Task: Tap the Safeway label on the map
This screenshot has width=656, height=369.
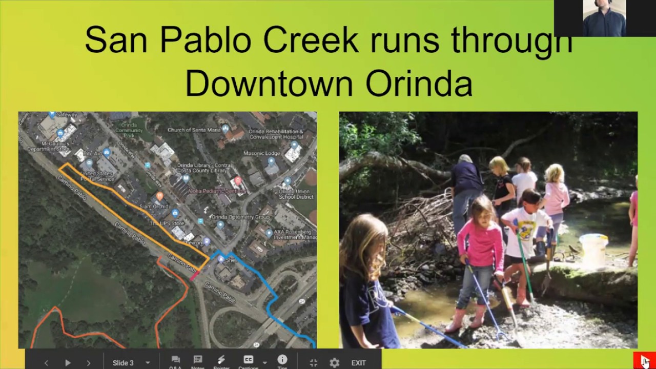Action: click(66, 115)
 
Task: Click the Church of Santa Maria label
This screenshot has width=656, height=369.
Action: click(194, 130)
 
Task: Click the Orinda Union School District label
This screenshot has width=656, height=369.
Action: click(296, 194)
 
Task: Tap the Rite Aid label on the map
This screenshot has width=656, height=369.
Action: click(93, 154)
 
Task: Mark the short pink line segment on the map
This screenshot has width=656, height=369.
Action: click(195, 276)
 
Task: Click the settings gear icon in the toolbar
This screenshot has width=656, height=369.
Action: click(334, 363)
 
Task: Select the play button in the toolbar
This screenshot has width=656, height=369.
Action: click(68, 363)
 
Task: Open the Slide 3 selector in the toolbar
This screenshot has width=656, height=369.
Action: click(131, 363)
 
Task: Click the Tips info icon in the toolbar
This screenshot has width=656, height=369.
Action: click(282, 360)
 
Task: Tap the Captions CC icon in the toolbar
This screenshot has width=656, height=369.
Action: click(249, 360)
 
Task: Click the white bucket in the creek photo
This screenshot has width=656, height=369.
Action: click(593, 251)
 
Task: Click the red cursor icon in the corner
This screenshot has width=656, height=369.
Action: click(645, 361)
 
